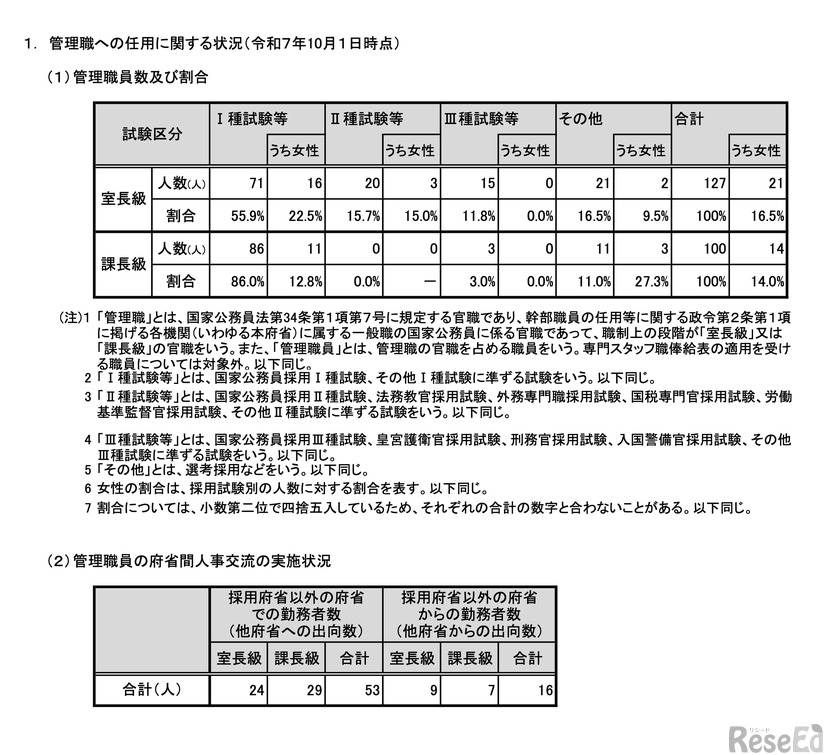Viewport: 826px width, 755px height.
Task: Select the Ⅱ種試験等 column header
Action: click(367, 118)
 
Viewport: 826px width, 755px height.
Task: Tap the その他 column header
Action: click(581, 118)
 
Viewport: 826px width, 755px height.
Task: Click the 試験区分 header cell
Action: click(152, 133)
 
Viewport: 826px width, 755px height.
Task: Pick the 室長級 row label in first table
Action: click(125, 199)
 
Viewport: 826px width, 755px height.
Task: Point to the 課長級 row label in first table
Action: click(125, 264)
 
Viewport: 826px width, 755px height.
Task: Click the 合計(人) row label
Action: click(150, 689)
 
